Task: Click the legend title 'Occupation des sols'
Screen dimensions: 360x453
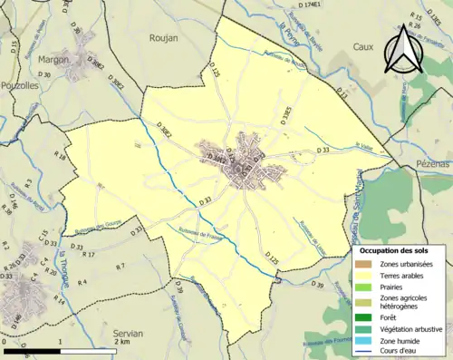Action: click(x=400, y=250)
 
